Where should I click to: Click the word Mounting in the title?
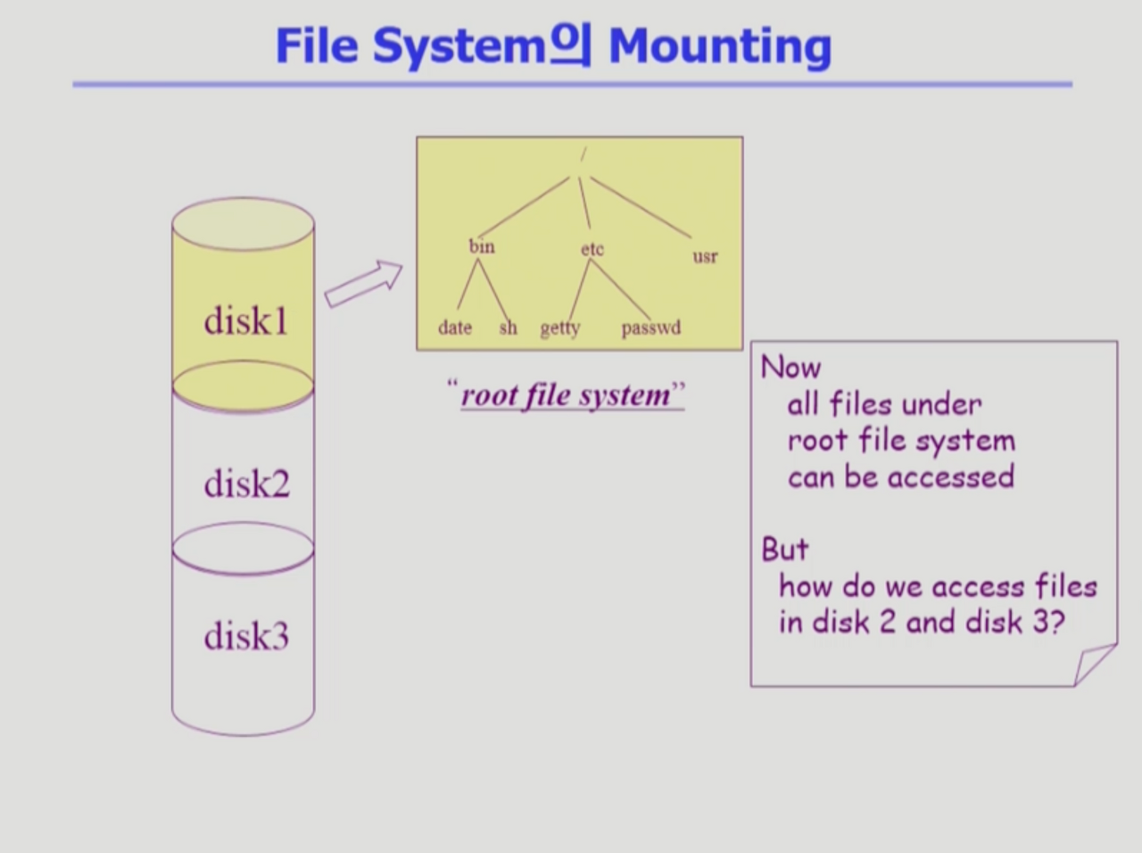point(719,46)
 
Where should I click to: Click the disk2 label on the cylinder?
point(246,484)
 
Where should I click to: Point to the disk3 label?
point(246,636)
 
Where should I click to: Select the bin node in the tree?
point(482,246)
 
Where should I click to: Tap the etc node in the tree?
point(592,249)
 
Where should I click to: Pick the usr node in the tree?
point(705,257)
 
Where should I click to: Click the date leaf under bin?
point(455,327)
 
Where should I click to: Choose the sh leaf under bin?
point(508,327)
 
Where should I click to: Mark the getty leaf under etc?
point(560,328)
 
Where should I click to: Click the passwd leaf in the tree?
point(650,327)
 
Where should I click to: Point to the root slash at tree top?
point(583,155)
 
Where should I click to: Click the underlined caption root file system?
point(566,395)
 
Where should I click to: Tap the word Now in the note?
point(790,367)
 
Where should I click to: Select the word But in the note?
point(785,549)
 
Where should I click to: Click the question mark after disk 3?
point(1055,622)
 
